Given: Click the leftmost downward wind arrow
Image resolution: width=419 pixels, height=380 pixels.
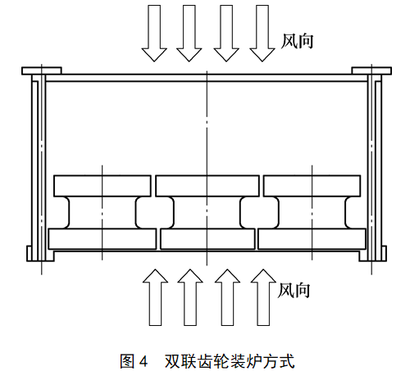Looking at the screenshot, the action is (154, 33).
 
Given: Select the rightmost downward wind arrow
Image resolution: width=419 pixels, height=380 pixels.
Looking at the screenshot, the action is (262, 33).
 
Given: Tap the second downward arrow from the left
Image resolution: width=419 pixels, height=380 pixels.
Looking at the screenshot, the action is (189, 33).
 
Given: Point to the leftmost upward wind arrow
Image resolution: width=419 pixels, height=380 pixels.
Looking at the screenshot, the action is (155, 297).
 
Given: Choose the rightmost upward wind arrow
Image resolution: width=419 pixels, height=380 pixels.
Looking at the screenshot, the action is (263, 297).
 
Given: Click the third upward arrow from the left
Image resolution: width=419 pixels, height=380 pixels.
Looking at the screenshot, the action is (227, 297).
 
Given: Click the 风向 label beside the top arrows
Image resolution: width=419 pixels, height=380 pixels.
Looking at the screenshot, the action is (297, 42).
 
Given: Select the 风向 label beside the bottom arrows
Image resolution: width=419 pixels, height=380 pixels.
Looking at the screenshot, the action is (294, 290).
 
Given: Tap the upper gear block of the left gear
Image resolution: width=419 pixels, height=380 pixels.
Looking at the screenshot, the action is (102, 186).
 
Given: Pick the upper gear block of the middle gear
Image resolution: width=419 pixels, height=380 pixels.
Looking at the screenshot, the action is (207, 186).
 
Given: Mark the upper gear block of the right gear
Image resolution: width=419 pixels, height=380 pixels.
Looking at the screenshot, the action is (312, 186).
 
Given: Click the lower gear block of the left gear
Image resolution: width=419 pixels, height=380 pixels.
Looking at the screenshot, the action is (102, 239).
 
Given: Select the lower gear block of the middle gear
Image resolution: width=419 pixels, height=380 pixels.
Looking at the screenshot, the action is (207, 239).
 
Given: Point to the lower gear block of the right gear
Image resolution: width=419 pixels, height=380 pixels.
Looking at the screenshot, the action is (312, 239).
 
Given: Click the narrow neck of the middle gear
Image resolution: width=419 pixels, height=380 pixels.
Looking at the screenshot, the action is (207, 213).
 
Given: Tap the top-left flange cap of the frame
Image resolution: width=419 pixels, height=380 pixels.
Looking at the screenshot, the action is (42, 71).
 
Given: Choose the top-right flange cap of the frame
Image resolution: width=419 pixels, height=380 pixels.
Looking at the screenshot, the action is (371, 71).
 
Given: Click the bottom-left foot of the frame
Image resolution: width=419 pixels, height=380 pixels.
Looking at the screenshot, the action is (40, 254).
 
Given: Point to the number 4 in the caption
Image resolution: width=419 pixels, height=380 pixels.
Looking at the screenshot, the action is (143, 361).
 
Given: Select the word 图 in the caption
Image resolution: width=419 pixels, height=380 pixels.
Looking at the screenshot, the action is (127, 361).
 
